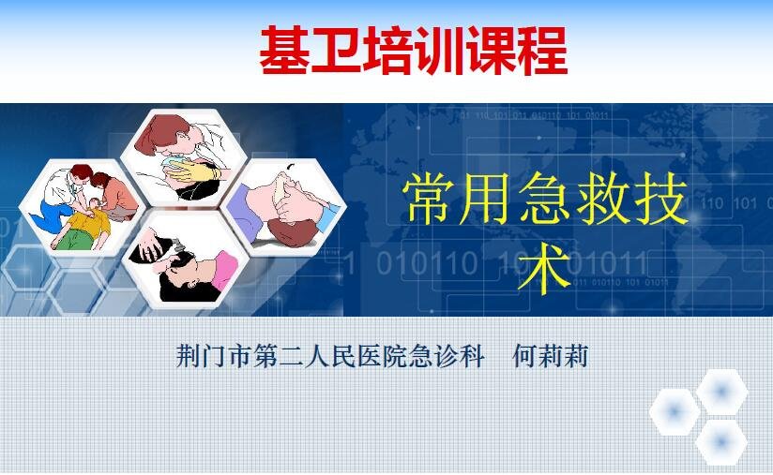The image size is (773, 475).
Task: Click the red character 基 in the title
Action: (x=284, y=51)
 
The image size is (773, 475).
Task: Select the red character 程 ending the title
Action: (x=543, y=51)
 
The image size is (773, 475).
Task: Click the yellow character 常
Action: (x=427, y=200)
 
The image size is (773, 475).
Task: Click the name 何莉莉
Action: (x=550, y=355)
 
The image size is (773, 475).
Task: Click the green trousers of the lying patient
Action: (x=74, y=239)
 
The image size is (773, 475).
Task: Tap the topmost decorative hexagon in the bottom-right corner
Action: (x=721, y=393)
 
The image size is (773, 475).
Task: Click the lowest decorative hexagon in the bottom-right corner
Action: (x=721, y=442)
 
